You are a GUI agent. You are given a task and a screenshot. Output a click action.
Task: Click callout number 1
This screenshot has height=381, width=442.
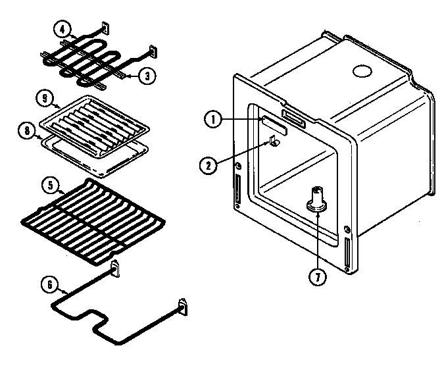(212, 119)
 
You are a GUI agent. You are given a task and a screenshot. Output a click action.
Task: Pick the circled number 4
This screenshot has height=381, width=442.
(61, 30)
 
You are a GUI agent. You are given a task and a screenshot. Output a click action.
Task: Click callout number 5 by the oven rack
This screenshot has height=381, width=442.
(49, 186)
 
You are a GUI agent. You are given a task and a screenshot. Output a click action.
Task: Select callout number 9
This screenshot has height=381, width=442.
(44, 99)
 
